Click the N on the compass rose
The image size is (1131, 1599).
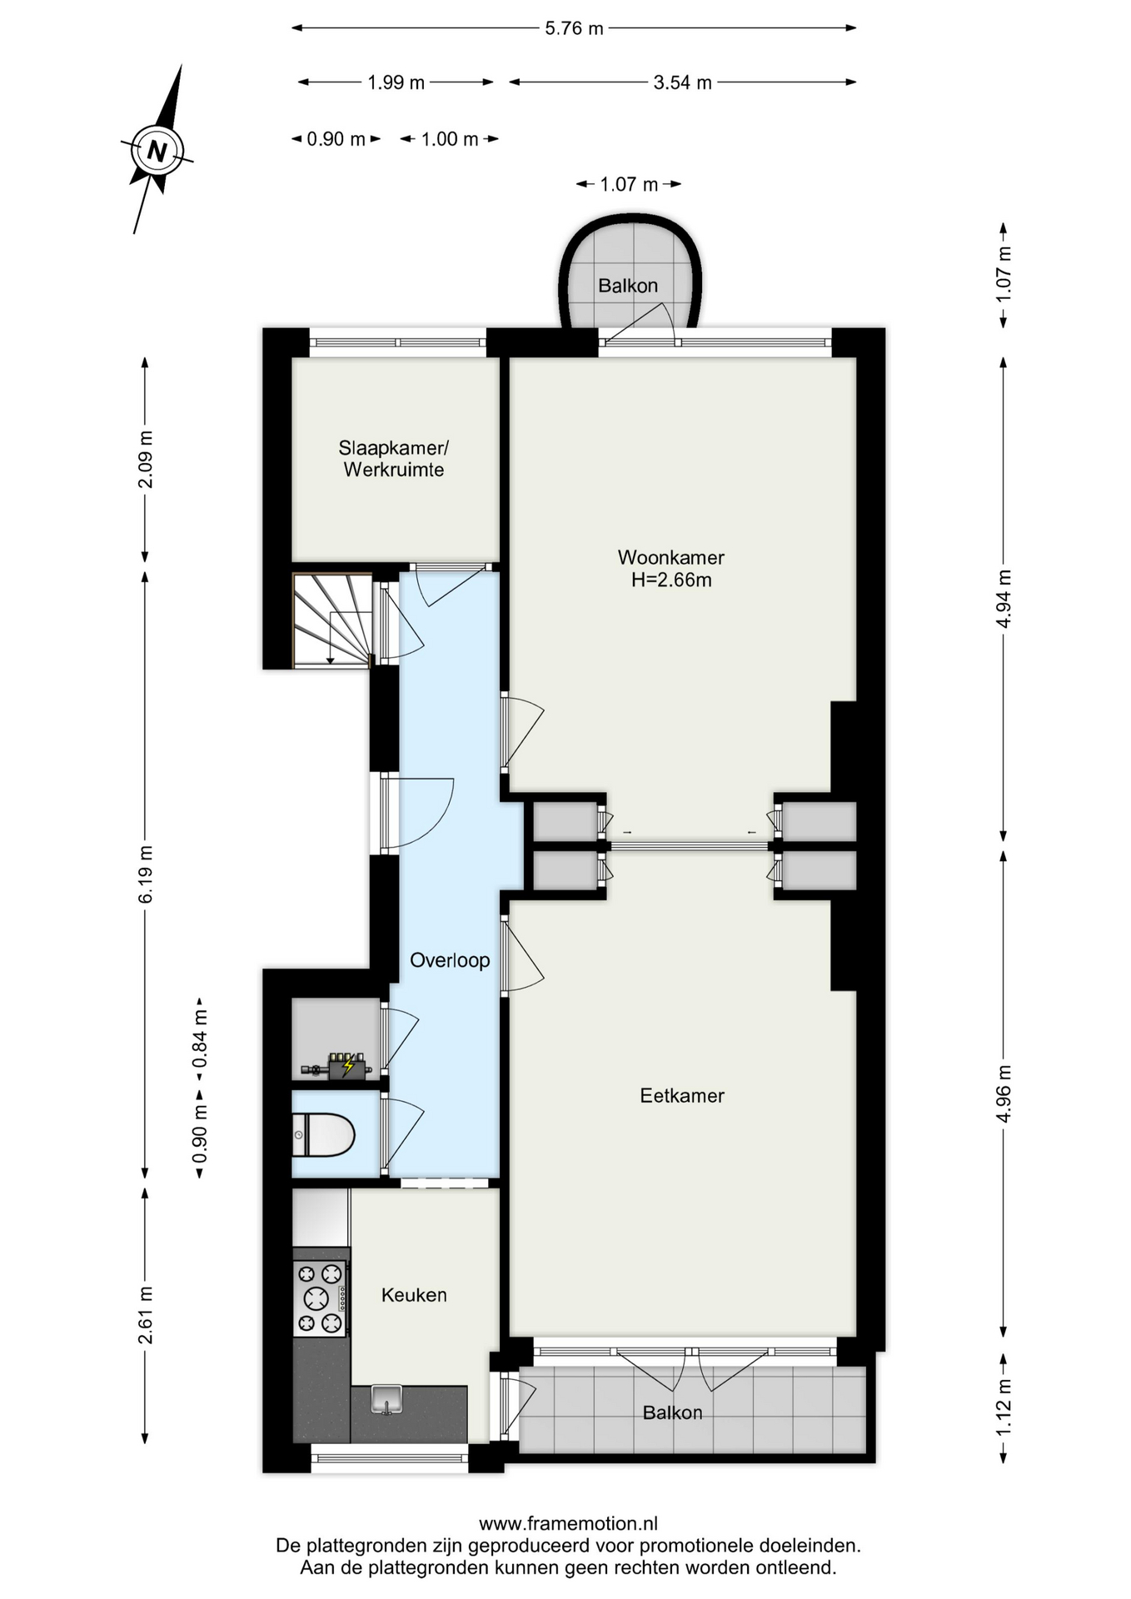pos(157,152)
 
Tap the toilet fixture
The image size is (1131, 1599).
pos(324,1134)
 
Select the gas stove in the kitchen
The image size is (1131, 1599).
pos(321,1298)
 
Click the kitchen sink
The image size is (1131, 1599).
pos(386,1399)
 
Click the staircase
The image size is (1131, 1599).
pos(332,620)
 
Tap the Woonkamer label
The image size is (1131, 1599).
pos(670,557)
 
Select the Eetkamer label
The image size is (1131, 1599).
pos(682,1095)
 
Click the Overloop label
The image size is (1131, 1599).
pos(450,960)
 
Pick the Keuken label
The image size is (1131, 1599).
pos(414,1295)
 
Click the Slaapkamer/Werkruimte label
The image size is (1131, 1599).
pos(394,458)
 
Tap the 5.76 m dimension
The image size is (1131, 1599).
pos(574,28)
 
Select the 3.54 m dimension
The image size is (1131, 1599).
pos(683,82)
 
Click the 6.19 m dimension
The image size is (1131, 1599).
pos(146,874)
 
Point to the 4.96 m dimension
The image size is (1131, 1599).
pos(1004,1093)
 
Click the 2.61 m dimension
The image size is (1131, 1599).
pos(146,1315)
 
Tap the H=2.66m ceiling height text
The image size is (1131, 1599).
pos(671,580)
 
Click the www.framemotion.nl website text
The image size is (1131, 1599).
pos(568,1524)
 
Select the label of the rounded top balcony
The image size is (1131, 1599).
pos(628,286)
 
